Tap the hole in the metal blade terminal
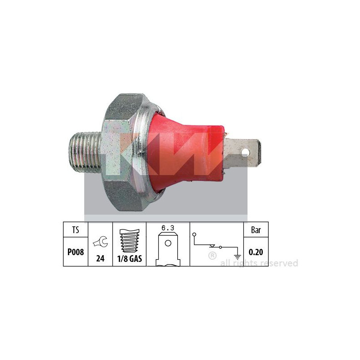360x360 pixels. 245,152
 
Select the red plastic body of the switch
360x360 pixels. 185,152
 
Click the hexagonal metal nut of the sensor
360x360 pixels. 121,152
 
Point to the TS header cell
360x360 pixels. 76,229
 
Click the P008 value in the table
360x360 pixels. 76,252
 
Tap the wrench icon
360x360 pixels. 100,242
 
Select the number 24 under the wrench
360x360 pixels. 100,259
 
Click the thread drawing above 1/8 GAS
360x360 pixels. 130,240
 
